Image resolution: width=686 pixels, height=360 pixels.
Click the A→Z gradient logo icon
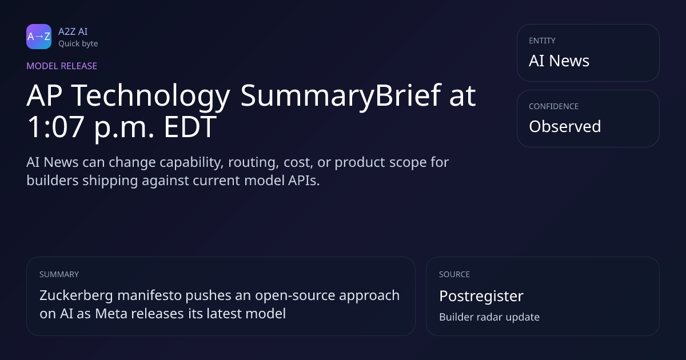[39, 37]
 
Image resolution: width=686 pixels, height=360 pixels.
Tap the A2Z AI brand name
[73, 31]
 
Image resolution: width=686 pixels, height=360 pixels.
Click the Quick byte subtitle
[78, 44]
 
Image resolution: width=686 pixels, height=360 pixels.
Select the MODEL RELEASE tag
[62, 66]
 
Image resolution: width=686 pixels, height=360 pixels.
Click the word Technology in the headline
[151, 97]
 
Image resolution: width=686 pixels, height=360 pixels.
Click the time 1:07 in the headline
[55, 127]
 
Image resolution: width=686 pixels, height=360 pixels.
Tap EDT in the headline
[190, 127]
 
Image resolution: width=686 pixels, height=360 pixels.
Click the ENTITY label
[542, 41]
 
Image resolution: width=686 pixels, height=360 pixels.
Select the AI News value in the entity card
[559, 61]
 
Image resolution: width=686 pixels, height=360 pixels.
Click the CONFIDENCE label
[554, 106]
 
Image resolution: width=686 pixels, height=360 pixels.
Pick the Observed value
[565, 126]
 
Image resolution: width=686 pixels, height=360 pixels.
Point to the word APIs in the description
[304, 181]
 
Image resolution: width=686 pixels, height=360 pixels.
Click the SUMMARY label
[59, 274]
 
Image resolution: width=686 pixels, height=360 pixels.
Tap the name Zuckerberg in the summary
[76, 296]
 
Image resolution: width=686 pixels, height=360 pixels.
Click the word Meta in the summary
[111, 314]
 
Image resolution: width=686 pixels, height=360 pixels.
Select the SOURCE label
[454, 274]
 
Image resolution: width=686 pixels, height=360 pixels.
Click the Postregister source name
[481, 297]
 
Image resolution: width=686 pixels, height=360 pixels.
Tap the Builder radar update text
[489, 317]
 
